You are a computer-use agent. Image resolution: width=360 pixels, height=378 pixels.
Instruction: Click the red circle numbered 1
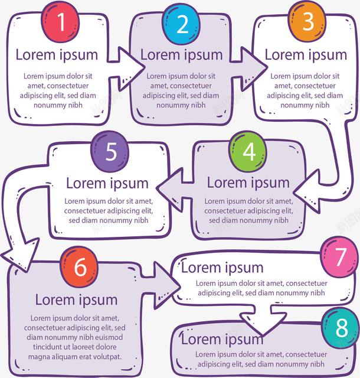pos(60,22)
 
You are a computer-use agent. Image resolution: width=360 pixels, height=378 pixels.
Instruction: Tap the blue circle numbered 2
pos(182,25)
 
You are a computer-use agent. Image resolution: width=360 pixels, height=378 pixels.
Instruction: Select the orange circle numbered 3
pos(308,22)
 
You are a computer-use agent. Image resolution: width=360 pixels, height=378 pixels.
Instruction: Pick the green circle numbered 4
pos(249,152)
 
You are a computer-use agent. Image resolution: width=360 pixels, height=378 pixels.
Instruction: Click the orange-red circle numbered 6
pos(80,268)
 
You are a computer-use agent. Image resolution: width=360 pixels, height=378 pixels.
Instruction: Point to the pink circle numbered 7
pos(340,258)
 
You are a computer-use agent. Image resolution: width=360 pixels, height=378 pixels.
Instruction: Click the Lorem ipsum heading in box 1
pos(57,55)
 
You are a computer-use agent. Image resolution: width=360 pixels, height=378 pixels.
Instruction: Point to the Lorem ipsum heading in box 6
pos(76,299)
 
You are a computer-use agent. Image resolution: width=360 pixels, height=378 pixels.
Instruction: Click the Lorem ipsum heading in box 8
pos(222,339)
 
